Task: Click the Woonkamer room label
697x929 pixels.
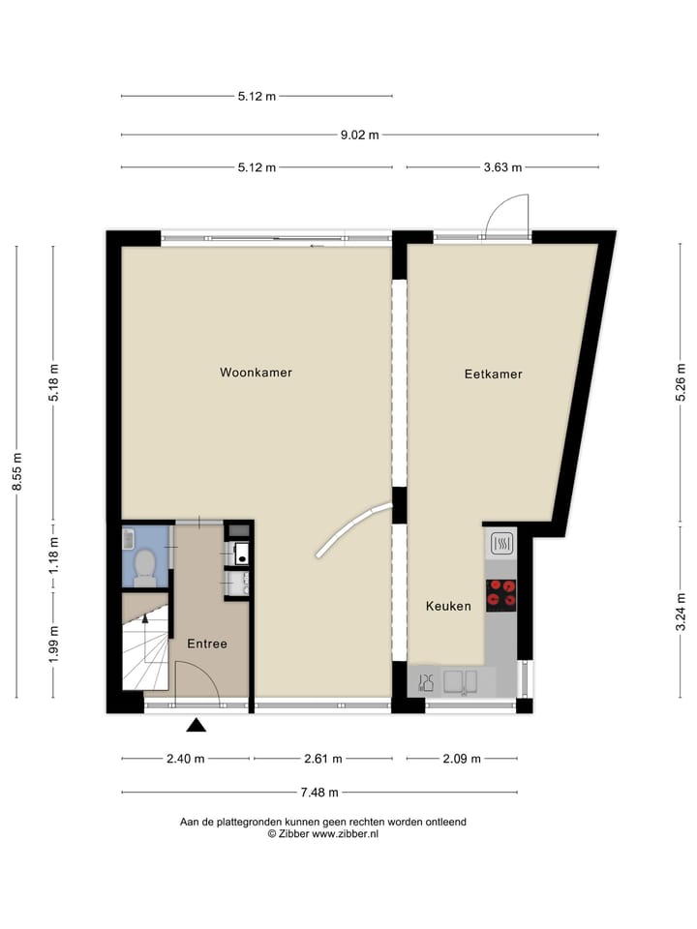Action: coord(256,373)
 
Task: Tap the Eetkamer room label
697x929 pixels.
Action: coord(493,374)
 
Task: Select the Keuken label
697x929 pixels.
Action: coord(448,607)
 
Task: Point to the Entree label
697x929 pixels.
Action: coord(207,644)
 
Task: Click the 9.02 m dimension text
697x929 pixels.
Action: coord(359,135)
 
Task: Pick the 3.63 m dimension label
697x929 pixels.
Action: coord(502,167)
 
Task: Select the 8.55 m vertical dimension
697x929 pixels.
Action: coord(16,472)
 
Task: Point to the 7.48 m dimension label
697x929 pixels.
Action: coord(318,793)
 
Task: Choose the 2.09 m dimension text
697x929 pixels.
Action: coord(461,759)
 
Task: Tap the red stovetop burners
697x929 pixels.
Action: coord(500,593)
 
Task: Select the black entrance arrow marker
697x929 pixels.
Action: coord(197,725)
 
